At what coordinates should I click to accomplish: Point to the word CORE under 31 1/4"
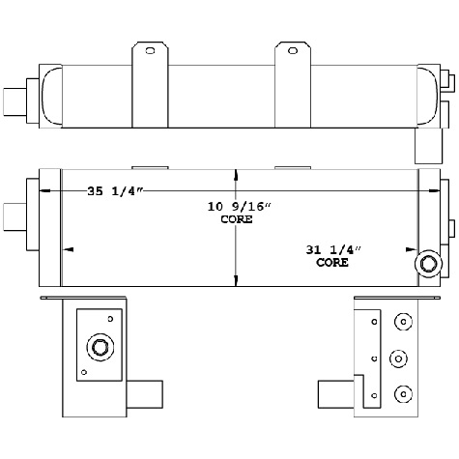coord(331,262)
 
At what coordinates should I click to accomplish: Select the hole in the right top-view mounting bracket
coord(289,50)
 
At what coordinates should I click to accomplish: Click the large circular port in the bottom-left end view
coord(99,349)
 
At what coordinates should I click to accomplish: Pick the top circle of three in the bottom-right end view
coord(401,321)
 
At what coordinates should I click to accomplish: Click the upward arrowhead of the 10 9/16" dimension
coord(237,177)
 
